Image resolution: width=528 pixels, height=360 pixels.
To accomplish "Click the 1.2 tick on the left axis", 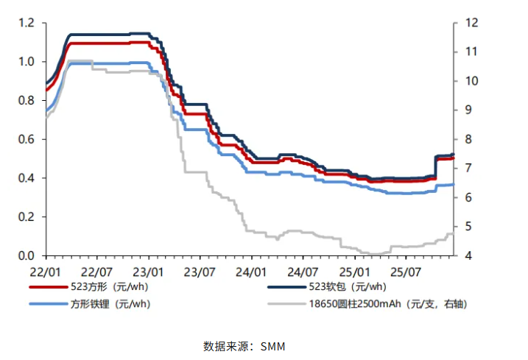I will (x=27, y=24).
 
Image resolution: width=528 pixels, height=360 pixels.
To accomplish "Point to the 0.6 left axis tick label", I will (x=27, y=140).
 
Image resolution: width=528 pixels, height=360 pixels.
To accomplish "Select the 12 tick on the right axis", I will (x=469, y=24).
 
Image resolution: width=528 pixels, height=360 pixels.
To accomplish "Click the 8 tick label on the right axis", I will (x=467, y=140).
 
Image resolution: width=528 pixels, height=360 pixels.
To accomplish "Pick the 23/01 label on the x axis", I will (x=149, y=270).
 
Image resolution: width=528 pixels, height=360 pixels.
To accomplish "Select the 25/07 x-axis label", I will (x=406, y=270).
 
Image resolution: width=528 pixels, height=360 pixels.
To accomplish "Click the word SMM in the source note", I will (x=272, y=346).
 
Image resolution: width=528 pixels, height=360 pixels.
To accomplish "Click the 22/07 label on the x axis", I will (x=98, y=270).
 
